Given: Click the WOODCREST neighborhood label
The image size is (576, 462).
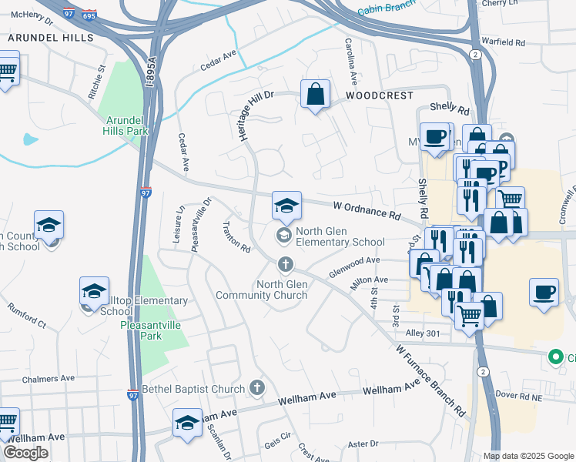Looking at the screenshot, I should coord(379,95).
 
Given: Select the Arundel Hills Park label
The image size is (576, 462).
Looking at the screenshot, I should coord(126,126).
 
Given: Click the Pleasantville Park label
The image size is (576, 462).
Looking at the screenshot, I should coord(152,330).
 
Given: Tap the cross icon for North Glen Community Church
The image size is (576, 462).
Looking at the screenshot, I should coord(285,266).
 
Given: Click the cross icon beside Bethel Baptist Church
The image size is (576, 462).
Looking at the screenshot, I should coord(257,388).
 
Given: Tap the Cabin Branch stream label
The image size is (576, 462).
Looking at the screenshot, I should coord(385,9).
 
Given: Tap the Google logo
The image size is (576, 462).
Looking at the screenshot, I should coord(25,452).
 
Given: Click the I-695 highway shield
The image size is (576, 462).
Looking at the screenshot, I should coord(89,14).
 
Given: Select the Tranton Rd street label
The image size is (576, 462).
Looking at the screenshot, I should coord(236,237).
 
